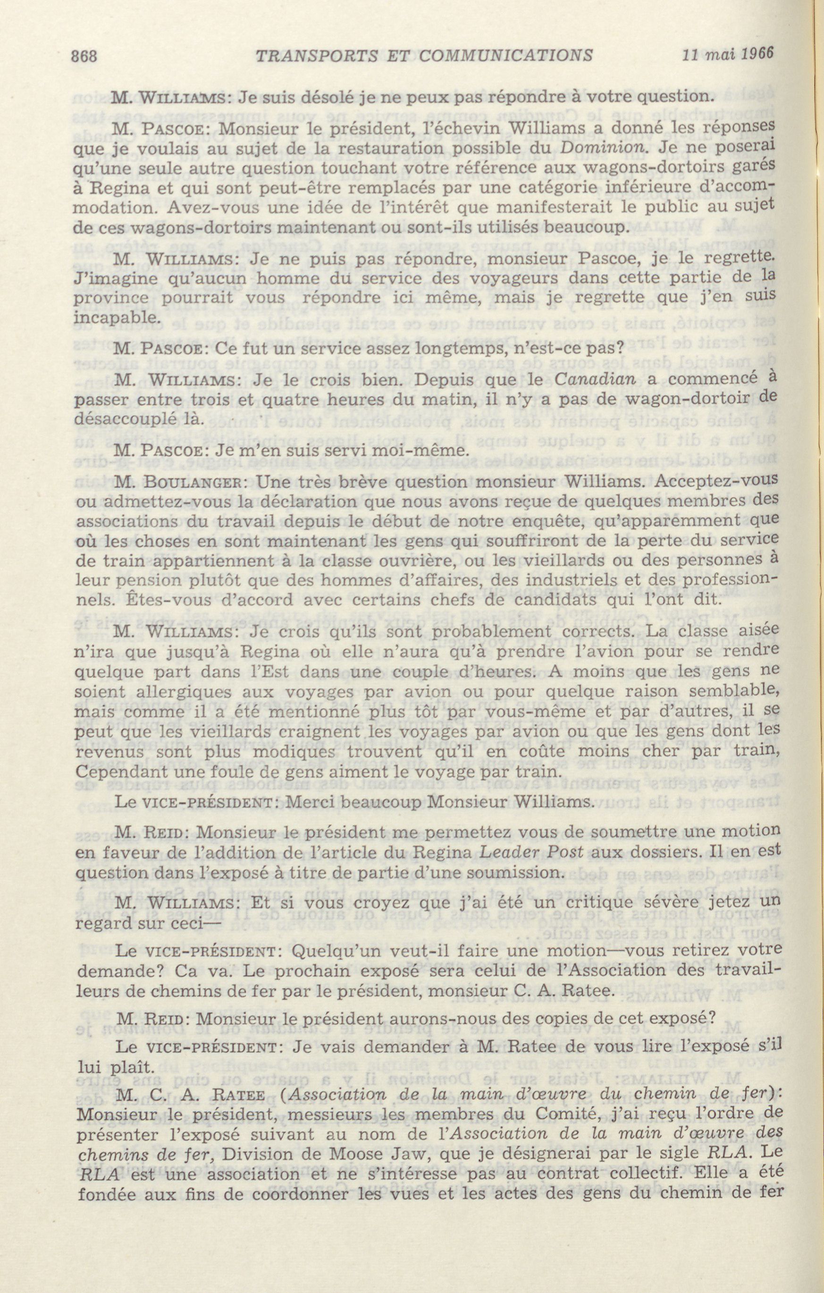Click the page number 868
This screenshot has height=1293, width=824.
[x=84, y=55]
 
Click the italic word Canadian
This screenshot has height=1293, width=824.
[x=594, y=379]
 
